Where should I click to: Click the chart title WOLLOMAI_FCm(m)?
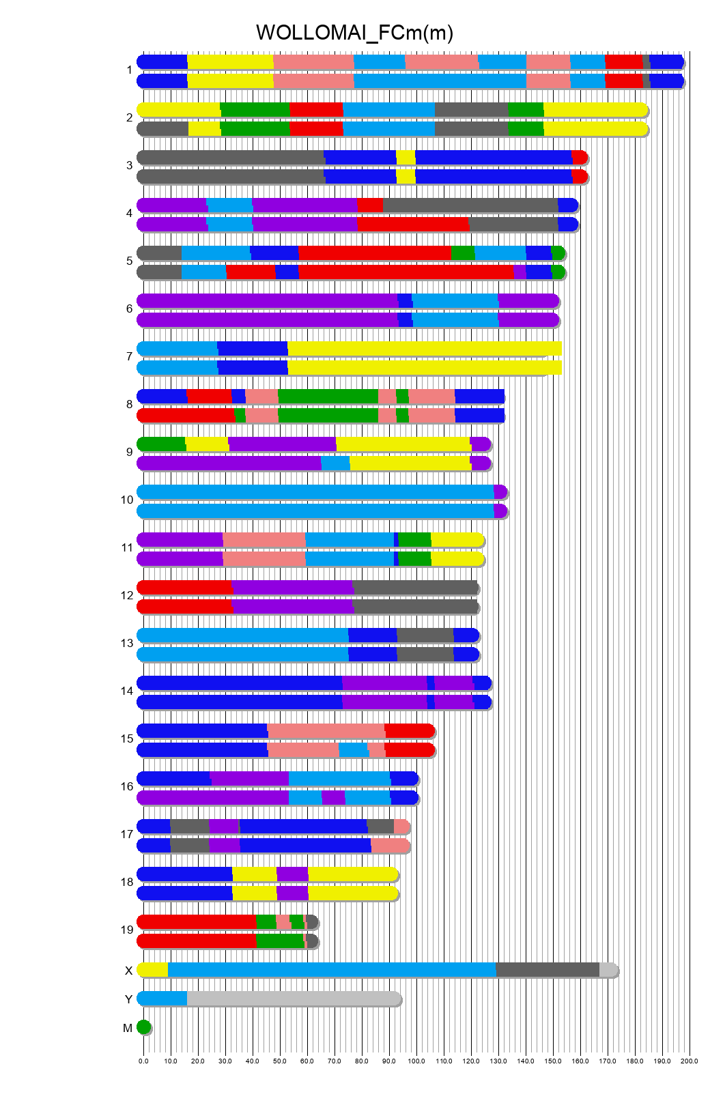354,32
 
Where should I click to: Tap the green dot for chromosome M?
143,1027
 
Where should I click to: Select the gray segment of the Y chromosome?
294,999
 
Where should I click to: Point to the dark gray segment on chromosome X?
548,970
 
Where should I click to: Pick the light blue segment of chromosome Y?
162,999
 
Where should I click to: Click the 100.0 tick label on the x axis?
416,1061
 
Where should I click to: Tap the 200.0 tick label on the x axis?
690,1061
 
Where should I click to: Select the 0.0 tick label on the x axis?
143,1061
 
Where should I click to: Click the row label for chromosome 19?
127,930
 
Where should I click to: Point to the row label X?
128,971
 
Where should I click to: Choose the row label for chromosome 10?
127,500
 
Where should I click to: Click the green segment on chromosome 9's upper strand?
162,444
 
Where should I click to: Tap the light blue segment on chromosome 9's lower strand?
335,463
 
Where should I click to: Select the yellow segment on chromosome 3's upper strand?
406,158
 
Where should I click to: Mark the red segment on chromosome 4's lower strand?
412,225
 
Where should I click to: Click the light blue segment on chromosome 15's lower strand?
353,750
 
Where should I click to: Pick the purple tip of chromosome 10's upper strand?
500,492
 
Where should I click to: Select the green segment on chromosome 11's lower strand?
414,559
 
